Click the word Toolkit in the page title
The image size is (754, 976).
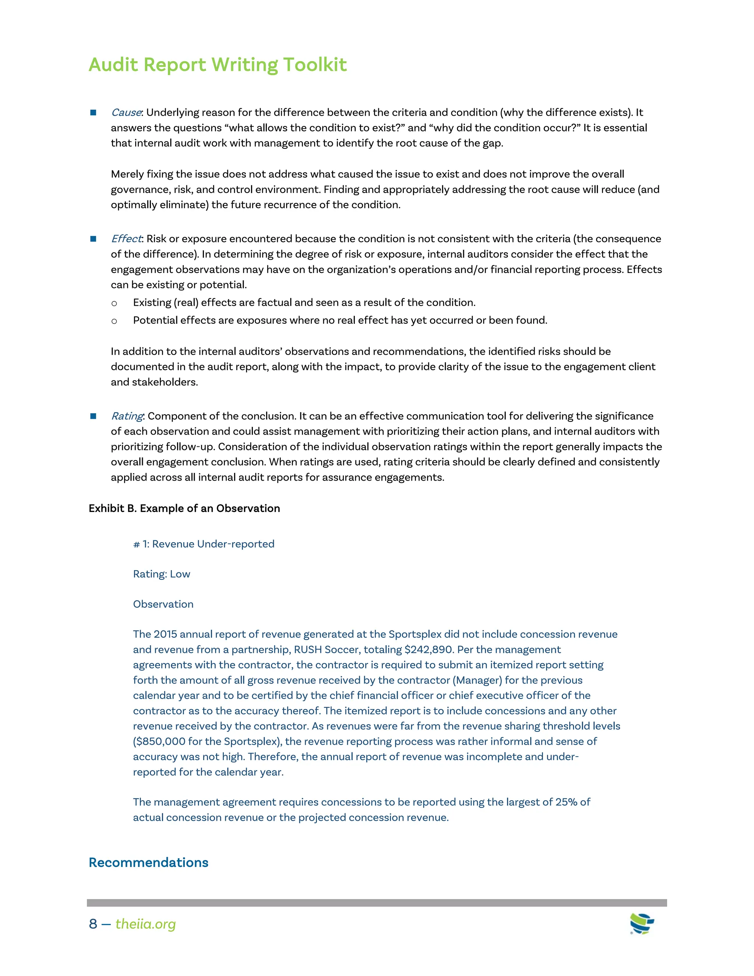point(314,64)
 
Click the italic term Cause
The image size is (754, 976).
point(126,113)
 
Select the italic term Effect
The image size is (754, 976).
point(126,239)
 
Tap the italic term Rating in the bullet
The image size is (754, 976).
point(127,416)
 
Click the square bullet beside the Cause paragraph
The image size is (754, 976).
point(94,113)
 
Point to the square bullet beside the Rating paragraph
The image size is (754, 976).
point(94,416)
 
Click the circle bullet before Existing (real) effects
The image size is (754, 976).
point(114,303)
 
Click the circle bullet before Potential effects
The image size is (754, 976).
point(114,321)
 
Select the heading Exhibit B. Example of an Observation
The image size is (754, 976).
point(184,509)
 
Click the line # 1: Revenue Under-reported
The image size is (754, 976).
point(204,544)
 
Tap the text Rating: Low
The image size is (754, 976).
point(161,574)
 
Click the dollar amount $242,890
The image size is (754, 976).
point(429,649)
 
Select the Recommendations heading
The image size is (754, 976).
point(148,863)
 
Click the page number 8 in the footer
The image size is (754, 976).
point(93,924)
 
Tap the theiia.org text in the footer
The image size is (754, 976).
point(146,924)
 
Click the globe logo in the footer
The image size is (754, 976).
point(641,923)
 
